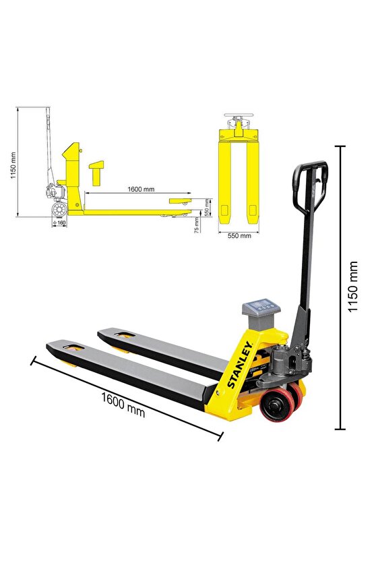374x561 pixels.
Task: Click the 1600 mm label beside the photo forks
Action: pyautogui.click(x=123, y=404)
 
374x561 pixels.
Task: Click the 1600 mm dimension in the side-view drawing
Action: pyautogui.click(x=139, y=189)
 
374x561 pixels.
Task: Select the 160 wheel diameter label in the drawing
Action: pyautogui.click(x=60, y=222)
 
